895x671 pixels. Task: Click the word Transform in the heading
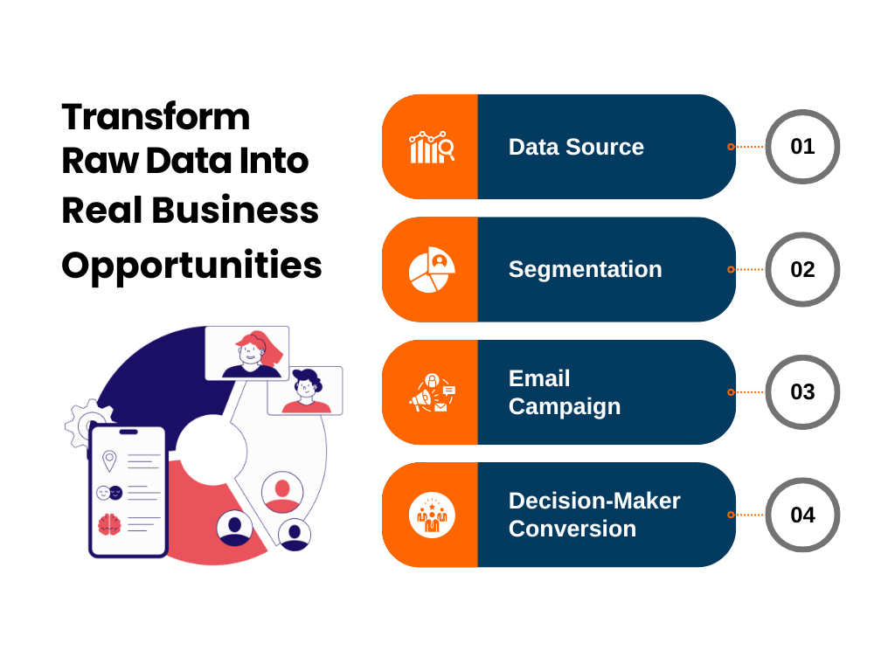(156, 117)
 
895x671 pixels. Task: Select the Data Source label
(576, 147)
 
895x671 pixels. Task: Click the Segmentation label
(585, 269)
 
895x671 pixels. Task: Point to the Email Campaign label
(564, 392)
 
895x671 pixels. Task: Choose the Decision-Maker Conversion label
(594, 515)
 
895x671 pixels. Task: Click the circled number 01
(802, 147)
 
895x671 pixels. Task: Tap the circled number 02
(802, 269)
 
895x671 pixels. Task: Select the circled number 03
(802, 392)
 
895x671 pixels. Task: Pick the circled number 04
(802, 515)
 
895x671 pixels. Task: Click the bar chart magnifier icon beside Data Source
(432, 147)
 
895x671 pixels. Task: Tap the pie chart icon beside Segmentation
(432, 270)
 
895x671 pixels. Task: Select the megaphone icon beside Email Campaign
(432, 393)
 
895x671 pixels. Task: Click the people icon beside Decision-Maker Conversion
(432, 515)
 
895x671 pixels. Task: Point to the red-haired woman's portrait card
(247, 353)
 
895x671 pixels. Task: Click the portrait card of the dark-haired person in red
(305, 391)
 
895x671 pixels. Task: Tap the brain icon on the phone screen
(109, 524)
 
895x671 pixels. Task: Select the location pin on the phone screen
(109, 460)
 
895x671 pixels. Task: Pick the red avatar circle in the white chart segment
(282, 493)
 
